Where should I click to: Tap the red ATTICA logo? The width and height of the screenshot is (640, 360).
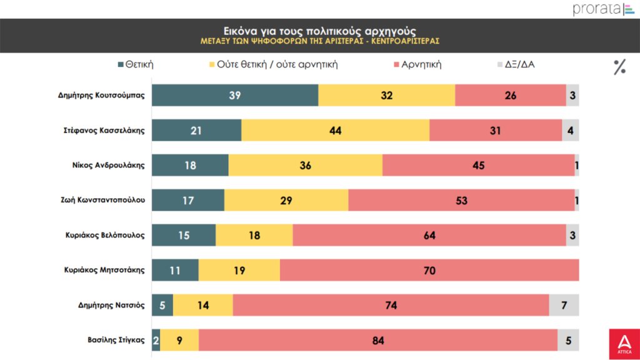click(624, 344)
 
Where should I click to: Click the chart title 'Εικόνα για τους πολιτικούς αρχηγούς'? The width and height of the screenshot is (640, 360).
click(319, 30)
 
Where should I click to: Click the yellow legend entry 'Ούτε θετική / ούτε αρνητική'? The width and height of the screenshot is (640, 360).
click(271, 64)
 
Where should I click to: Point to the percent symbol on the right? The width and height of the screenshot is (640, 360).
click(619, 67)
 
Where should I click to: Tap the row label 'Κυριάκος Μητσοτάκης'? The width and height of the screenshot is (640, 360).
click(104, 270)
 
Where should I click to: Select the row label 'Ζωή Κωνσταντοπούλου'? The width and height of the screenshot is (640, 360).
click(102, 200)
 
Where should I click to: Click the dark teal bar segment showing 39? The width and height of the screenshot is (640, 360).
click(235, 96)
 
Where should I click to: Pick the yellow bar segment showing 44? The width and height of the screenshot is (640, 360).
click(335, 131)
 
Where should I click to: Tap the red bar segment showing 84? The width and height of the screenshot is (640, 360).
click(377, 340)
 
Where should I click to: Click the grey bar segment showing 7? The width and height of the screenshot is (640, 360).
click(564, 305)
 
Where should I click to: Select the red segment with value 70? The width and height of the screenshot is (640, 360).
click(429, 270)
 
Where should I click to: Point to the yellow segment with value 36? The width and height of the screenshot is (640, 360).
click(305, 166)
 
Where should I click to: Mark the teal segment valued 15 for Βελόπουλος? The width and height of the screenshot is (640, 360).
click(184, 235)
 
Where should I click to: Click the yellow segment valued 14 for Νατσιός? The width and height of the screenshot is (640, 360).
click(202, 305)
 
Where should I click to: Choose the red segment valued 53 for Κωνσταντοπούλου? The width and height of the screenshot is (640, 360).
click(461, 200)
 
